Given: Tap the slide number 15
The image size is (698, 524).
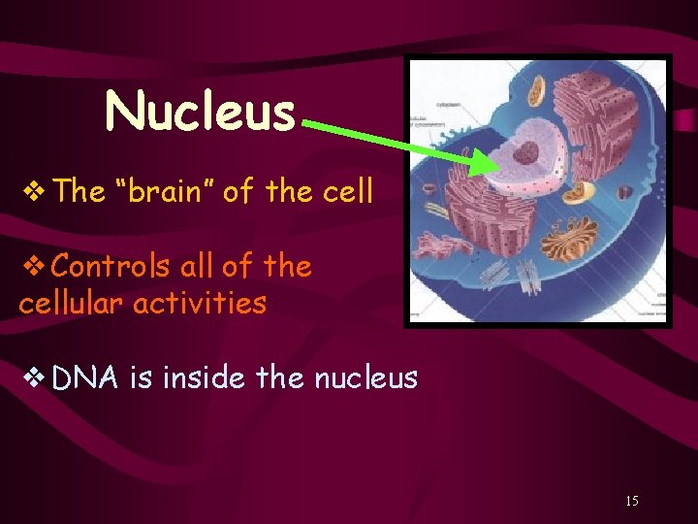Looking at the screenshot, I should pyautogui.click(x=632, y=501).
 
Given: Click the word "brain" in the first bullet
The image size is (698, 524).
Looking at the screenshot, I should pyautogui.click(x=164, y=191).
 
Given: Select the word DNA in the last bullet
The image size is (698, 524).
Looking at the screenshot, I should pyautogui.click(x=85, y=377).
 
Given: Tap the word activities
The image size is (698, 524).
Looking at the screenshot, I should pyautogui.click(x=199, y=303).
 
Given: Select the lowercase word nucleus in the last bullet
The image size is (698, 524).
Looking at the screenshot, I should pyautogui.click(x=366, y=377).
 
